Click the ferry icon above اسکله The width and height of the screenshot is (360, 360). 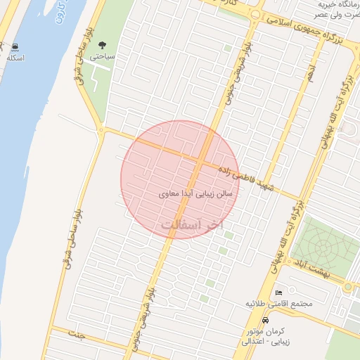click(15, 47)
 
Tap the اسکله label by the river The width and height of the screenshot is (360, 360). click(15, 58)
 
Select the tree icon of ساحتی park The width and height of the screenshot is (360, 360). click(104, 45)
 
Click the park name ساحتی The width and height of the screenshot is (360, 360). click(104, 56)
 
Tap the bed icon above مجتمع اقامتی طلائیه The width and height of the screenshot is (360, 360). click(278, 292)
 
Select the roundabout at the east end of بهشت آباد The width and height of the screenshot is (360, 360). click(348, 286)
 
